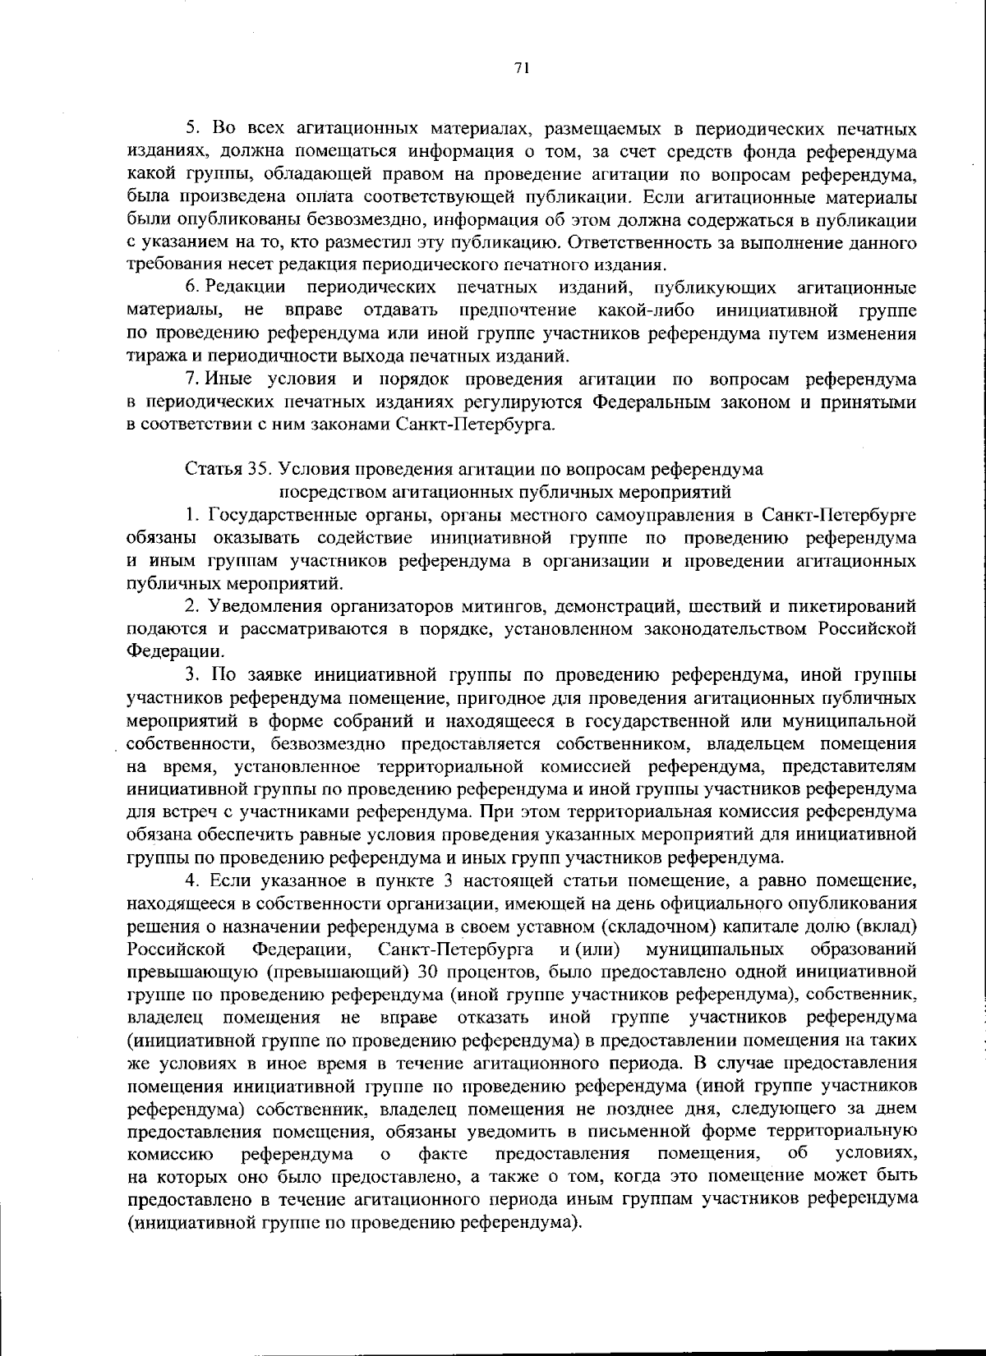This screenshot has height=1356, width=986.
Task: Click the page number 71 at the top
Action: point(520,69)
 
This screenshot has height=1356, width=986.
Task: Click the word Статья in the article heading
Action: point(213,470)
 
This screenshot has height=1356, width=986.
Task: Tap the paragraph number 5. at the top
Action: point(192,128)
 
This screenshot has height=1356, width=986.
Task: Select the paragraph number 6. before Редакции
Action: point(192,287)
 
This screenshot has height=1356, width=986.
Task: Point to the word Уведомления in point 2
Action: point(264,607)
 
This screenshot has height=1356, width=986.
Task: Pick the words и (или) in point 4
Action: point(590,949)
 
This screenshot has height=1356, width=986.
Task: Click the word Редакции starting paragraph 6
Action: point(245,287)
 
